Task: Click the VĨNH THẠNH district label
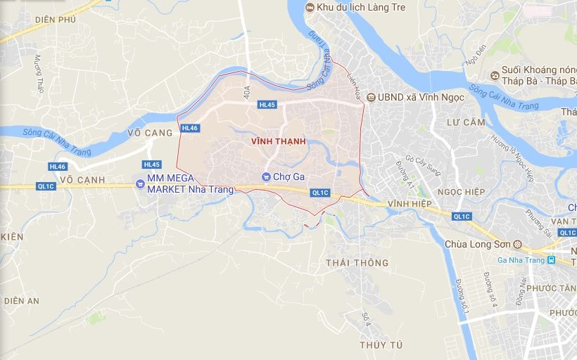(x=278, y=141)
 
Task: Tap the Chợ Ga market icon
(x=266, y=176)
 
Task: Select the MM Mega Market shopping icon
(x=141, y=184)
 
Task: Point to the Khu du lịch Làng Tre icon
(x=310, y=7)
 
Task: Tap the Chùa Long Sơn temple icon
(x=518, y=245)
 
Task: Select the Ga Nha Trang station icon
(x=552, y=260)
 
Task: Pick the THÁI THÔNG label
(x=357, y=263)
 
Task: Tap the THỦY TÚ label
(x=381, y=345)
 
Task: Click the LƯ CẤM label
(x=466, y=122)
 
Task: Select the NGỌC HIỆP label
(x=461, y=192)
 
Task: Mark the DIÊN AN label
(x=22, y=300)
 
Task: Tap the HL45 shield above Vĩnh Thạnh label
(x=267, y=105)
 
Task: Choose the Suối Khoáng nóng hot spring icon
(x=495, y=74)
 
